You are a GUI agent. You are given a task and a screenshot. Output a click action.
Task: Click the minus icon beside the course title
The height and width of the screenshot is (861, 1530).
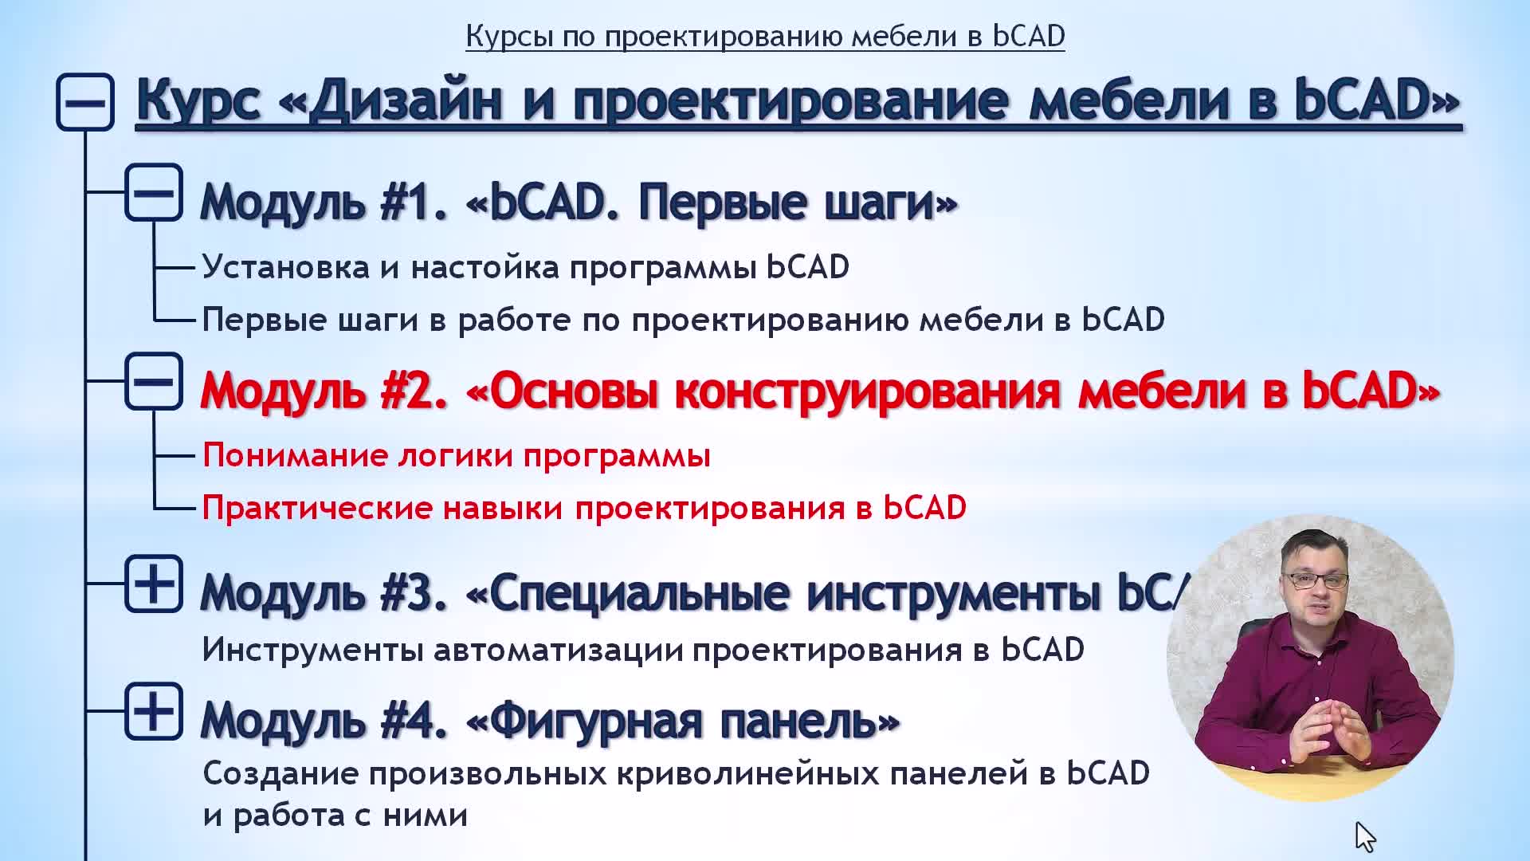click(85, 102)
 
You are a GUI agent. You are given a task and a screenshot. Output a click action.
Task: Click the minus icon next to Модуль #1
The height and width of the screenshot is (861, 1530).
click(154, 192)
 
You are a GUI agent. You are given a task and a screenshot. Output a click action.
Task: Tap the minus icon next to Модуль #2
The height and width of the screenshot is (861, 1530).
click(154, 381)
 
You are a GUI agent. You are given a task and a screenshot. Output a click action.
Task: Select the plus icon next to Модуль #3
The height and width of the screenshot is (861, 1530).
click(154, 584)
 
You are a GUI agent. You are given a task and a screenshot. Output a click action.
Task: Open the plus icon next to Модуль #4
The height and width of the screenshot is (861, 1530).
click(154, 711)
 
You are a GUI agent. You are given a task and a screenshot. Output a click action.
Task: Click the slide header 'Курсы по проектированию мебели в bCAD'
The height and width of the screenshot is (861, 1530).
click(765, 37)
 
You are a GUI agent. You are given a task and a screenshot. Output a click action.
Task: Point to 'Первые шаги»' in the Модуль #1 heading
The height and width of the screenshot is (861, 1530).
click(798, 202)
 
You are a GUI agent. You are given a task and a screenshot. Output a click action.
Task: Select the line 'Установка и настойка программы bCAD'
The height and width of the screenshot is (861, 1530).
click(526, 267)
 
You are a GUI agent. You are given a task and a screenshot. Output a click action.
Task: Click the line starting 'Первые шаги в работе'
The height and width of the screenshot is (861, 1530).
click(684, 320)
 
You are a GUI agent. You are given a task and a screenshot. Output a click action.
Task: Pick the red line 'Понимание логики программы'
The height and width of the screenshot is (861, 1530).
click(457, 456)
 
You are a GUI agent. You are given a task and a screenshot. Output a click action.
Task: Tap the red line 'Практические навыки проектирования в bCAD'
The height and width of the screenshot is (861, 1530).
click(584, 508)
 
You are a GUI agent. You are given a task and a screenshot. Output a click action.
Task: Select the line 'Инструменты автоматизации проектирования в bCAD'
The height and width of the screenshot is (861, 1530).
click(643, 650)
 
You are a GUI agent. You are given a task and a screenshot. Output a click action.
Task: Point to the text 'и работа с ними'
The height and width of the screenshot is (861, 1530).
click(335, 816)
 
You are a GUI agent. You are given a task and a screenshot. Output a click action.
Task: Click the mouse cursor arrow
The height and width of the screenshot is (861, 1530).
click(1365, 837)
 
